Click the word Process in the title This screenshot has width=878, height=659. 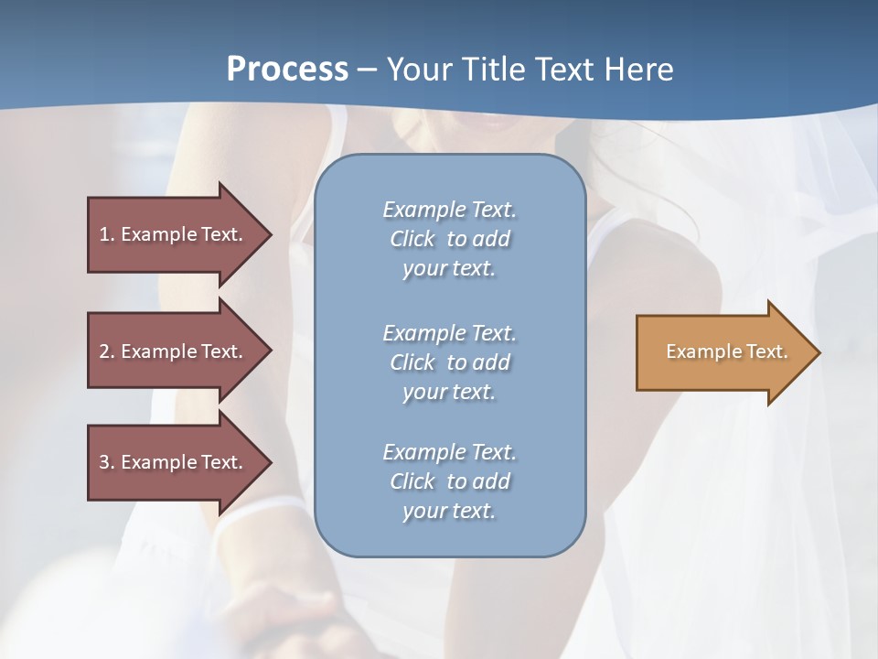(x=287, y=70)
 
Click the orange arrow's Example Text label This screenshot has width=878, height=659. (x=726, y=351)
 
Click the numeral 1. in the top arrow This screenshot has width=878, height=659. (x=107, y=234)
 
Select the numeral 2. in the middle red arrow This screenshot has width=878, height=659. (x=107, y=351)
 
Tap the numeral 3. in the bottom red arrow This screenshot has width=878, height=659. (x=107, y=462)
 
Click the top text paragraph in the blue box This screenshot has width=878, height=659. (x=449, y=239)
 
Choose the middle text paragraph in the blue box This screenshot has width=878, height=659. (x=449, y=362)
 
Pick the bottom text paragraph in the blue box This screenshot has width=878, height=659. (x=449, y=481)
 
